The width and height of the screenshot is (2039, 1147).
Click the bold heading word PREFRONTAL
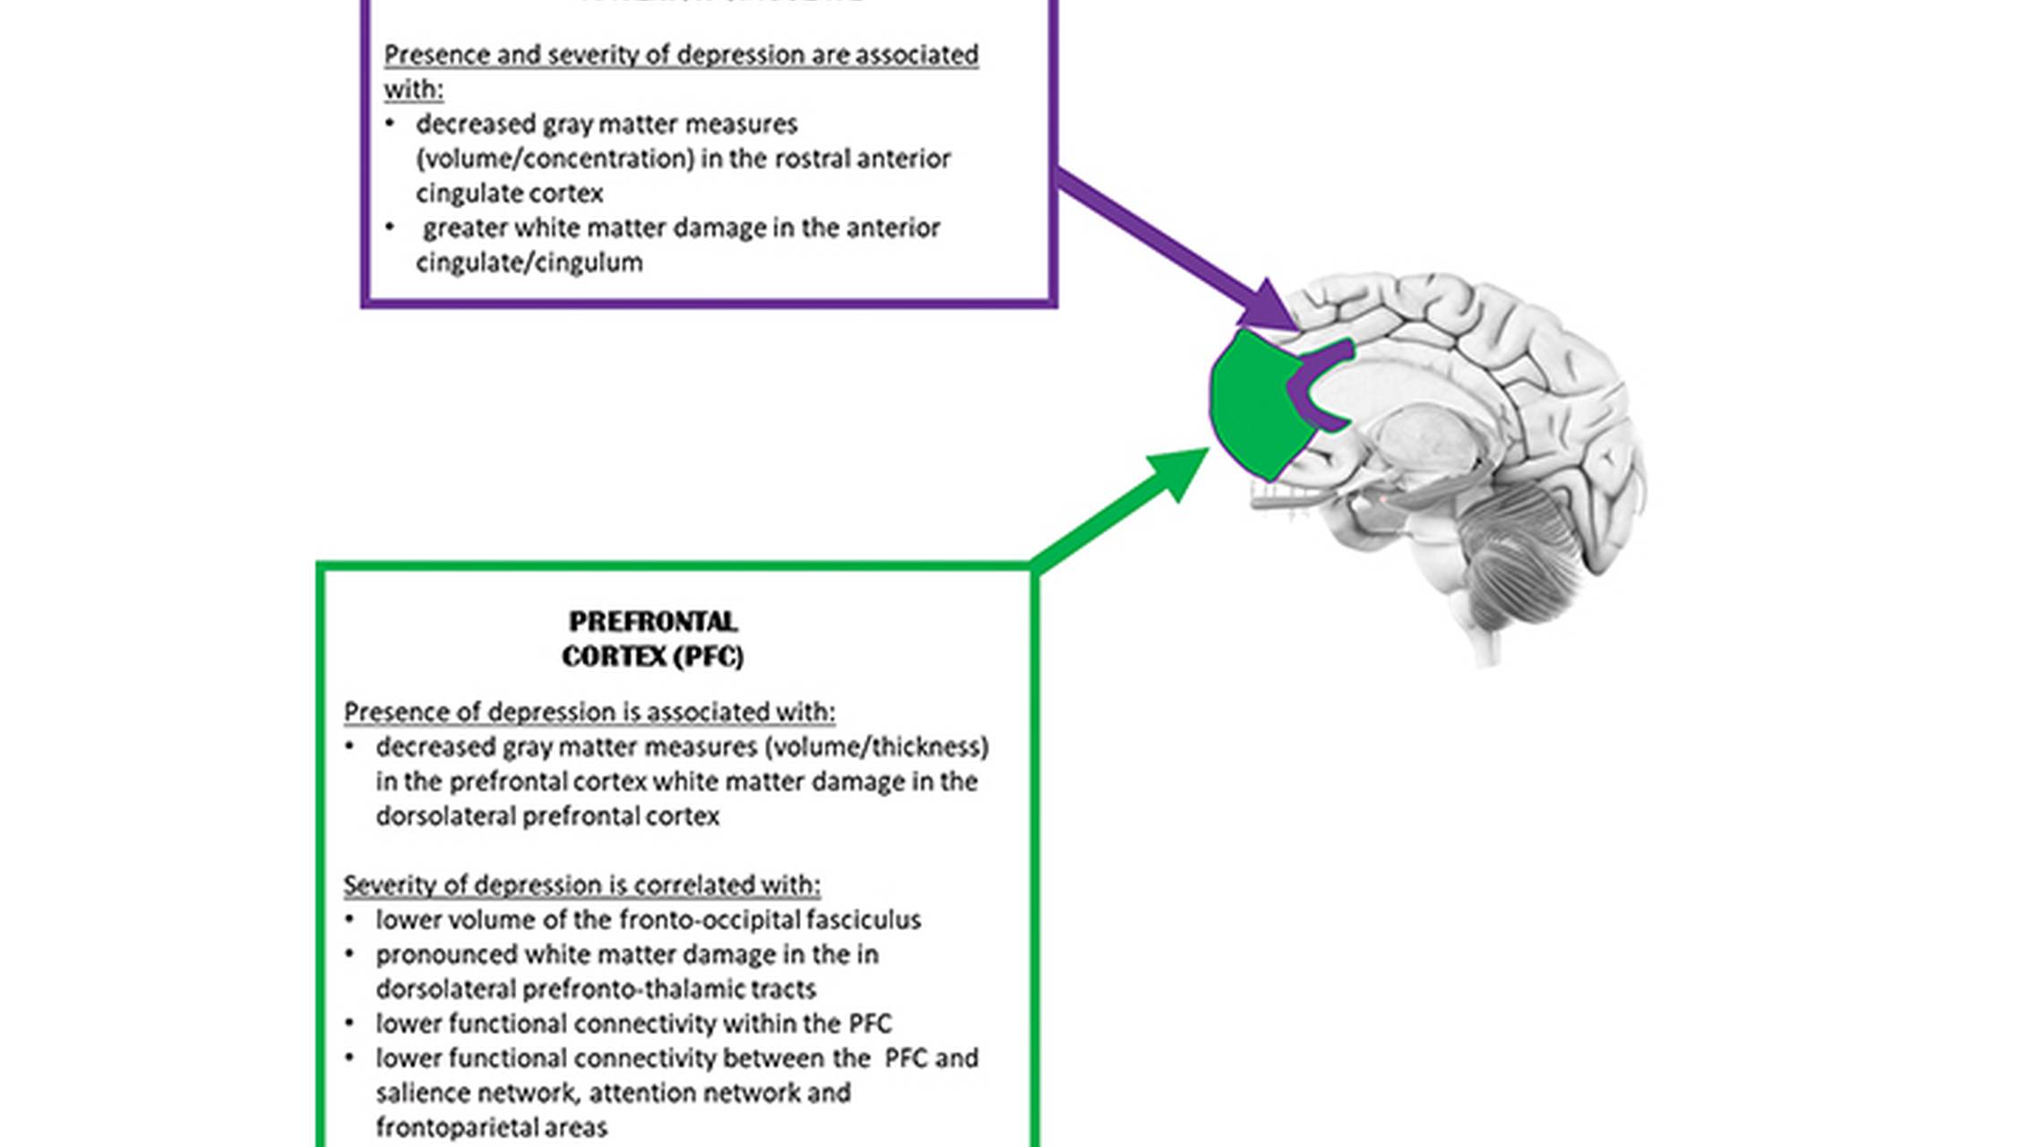coord(653,622)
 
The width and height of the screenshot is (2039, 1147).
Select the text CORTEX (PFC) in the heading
coord(653,657)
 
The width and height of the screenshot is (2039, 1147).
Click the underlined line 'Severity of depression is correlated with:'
coord(582,885)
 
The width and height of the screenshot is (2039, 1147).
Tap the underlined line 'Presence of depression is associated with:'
coord(589,712)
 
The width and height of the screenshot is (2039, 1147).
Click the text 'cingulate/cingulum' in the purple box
coord(529,263)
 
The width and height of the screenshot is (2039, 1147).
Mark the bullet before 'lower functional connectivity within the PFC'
coord(349,1022)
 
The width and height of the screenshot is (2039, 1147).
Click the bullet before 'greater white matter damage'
coord(390,227)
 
